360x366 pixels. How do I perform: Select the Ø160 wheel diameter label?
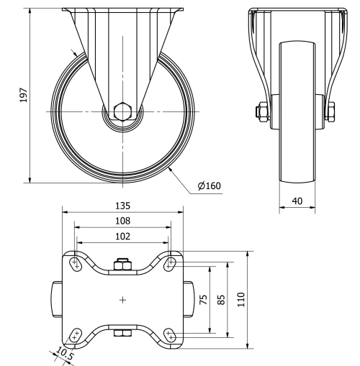[209, 186]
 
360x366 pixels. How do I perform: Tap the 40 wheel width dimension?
[296, 202]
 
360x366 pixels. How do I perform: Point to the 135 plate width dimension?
[121, 205]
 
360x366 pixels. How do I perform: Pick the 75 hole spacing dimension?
[204, 299]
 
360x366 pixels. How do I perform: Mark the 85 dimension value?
[222, 299]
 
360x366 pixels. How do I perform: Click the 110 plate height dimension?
[241, 299]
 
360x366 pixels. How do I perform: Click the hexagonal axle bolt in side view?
[122, 112]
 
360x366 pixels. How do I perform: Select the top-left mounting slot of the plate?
[75, 264]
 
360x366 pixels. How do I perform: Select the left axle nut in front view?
[258, 111]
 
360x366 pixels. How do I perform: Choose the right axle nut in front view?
[333, 111]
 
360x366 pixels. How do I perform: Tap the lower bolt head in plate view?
[123, 333]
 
